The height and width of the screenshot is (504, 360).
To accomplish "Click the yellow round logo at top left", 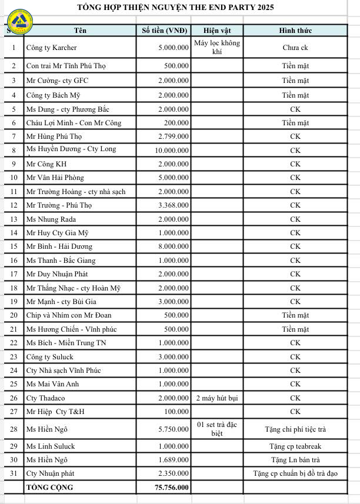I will pyautogui.click(x=19, y=22).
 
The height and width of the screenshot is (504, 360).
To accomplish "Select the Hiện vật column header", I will pyautogui.click(x=218, y=31).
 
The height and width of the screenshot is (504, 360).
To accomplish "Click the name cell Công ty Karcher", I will pyautogui.click(x=52, y=48).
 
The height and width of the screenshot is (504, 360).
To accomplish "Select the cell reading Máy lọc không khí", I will pyautogui.click(x=218, y=47).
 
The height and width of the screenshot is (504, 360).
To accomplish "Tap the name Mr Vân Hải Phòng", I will pyautogui.click(x=55, y=178).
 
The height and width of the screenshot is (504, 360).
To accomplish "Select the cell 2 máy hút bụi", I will pyautogui.click(x=218, y=398).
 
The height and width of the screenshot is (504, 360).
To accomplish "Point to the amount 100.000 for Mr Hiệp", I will pyautogui.click(x=177, y=412).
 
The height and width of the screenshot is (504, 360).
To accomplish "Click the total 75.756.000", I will pyautogui.click(x=171, y=488).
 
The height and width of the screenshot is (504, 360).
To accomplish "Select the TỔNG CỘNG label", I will pyautogui.click(x=48, y=488).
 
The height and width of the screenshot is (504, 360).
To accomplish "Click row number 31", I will pyautogui.click(x=14, y=473).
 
